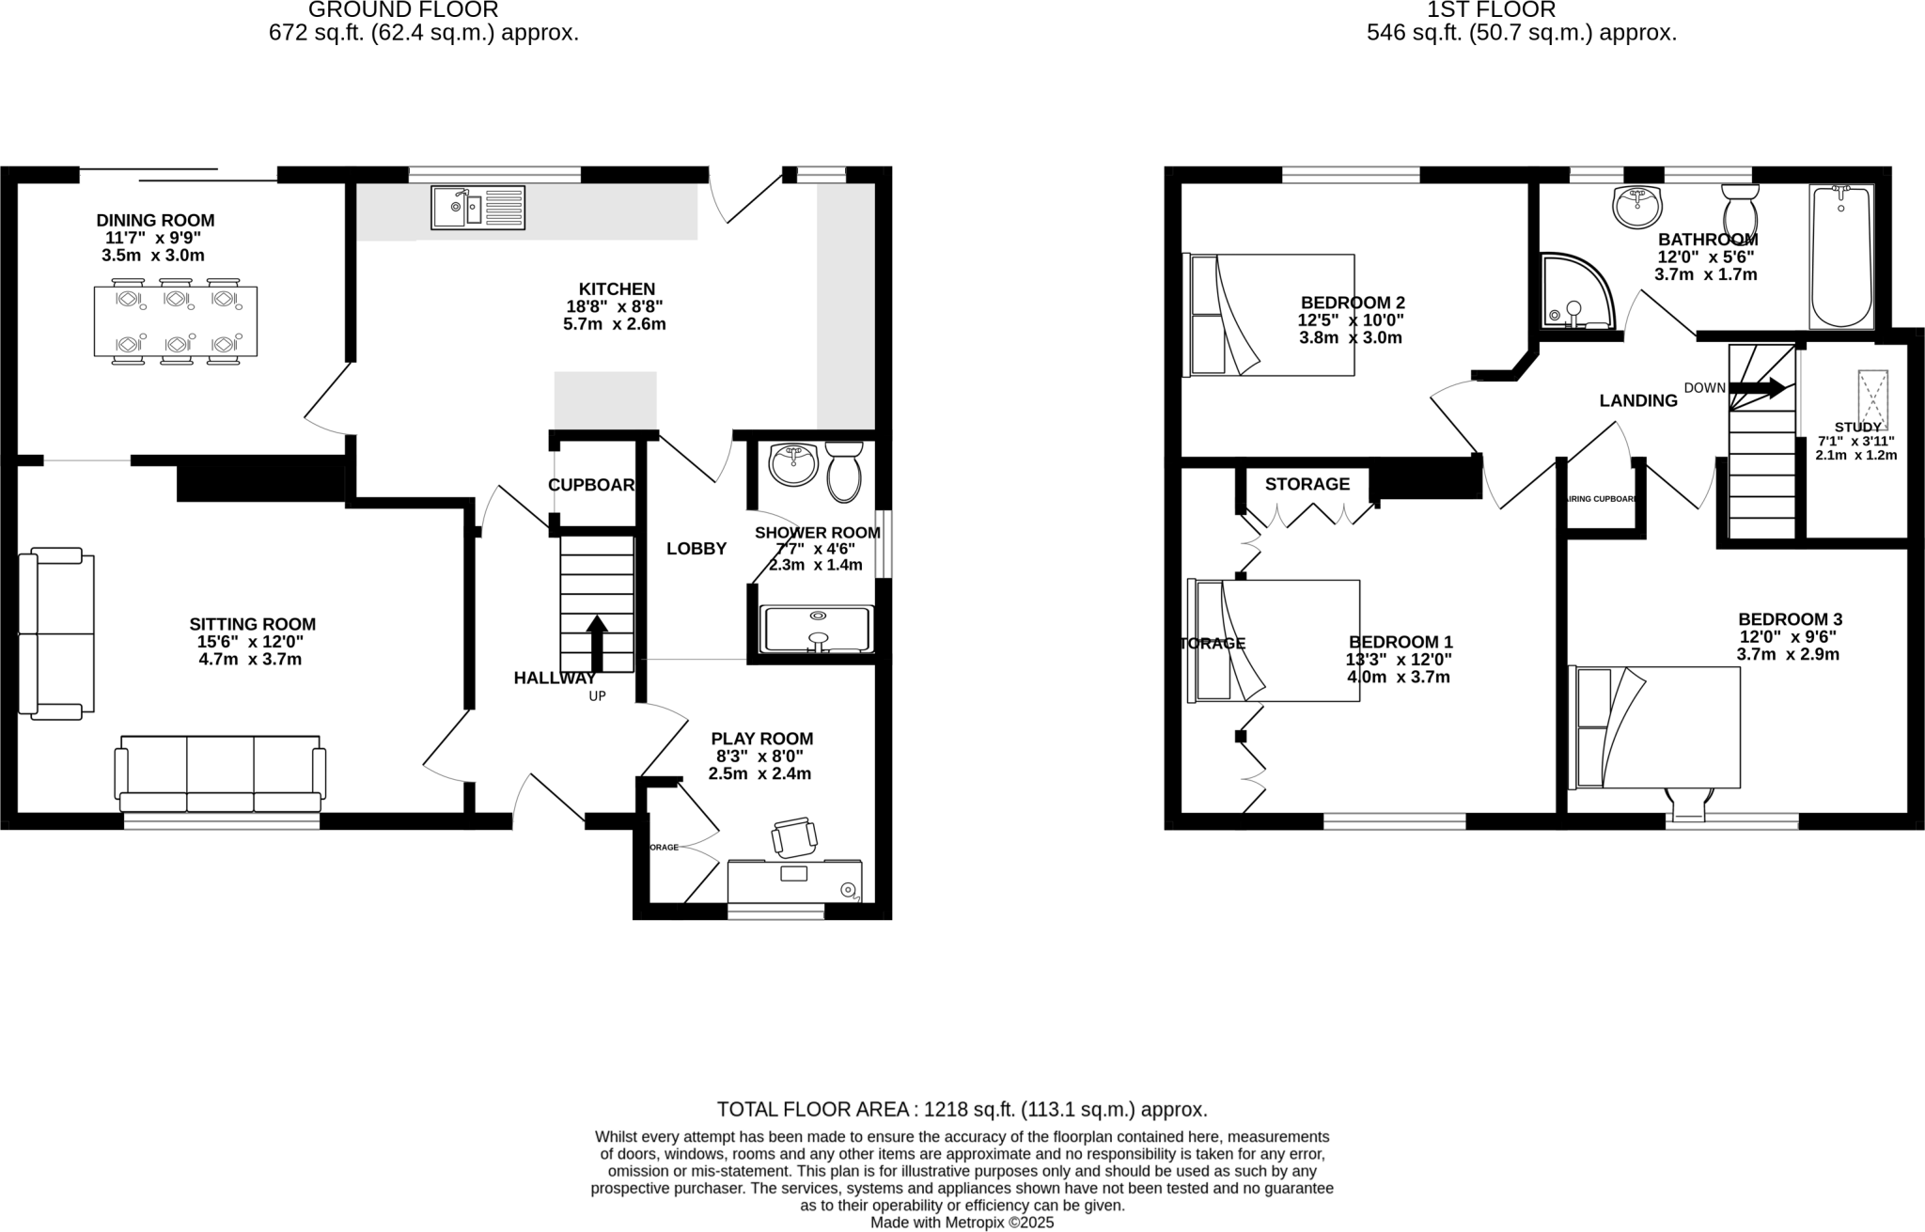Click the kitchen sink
477,208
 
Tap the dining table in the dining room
176,321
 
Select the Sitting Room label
252,624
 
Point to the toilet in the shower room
843,472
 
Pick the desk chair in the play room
794,836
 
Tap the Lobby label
696,549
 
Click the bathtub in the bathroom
1840,256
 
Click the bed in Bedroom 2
1271,315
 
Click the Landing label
1638,401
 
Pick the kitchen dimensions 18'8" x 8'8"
615,306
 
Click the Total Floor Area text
962,1109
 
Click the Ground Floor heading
403,10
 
